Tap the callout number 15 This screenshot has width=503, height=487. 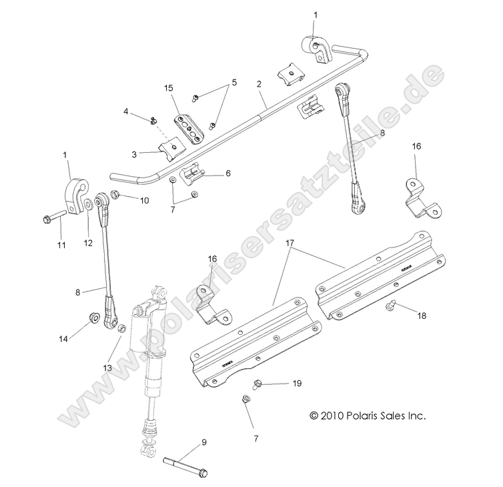click(167, 88)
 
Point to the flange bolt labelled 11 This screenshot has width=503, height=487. click(54, 218)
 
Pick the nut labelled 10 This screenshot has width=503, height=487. click(115, 195)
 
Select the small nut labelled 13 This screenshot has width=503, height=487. click(121, 329)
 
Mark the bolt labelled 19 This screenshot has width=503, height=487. click(257, 385)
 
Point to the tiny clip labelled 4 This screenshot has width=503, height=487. click(153, 120)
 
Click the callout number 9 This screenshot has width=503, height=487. click(203, 442)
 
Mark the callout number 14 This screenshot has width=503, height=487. click(63, 340)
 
